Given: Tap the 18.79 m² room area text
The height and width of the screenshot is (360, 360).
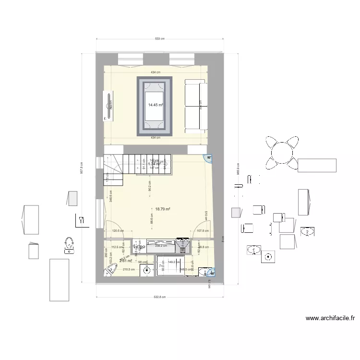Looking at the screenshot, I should (x=163, y=209).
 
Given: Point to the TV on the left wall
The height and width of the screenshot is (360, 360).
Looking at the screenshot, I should (x=105, y=106).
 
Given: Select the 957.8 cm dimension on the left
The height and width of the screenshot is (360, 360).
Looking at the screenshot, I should (x=83, y=168).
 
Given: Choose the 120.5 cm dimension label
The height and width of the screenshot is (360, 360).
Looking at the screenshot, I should (x=118, y=230).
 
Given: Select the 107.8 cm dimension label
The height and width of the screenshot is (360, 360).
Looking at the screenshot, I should (x=204, y=230).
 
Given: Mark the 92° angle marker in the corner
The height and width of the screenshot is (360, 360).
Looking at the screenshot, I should (x=209, y=157).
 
